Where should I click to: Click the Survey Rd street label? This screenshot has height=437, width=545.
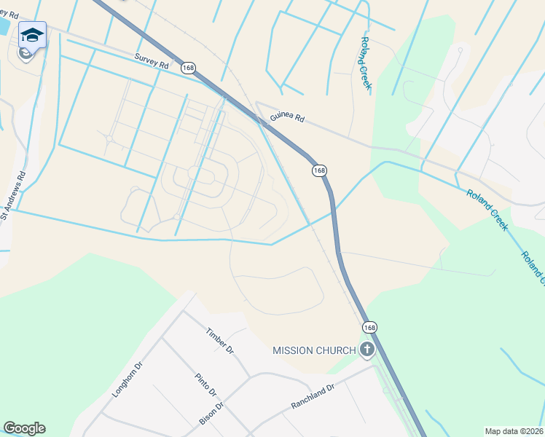point(152,60)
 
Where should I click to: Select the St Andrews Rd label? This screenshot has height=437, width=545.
point(14,194)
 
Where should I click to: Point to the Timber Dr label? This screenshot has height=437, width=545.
point(219,340)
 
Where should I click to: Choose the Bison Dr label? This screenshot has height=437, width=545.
point(211,412)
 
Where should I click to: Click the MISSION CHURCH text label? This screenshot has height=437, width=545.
point(314,350)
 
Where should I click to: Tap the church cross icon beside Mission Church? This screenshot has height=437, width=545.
point(366,350)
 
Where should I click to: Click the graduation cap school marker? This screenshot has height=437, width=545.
point(32,34)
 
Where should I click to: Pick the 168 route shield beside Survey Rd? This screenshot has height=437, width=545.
point(189,68)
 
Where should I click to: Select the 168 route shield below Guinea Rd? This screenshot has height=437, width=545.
point(318,170)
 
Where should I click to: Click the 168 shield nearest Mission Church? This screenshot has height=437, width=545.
point(369,328)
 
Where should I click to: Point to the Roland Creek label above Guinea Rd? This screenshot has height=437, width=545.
point(365,65)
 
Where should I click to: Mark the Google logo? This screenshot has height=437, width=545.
point(24,428)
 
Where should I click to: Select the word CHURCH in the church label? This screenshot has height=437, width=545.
point(335,350)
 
